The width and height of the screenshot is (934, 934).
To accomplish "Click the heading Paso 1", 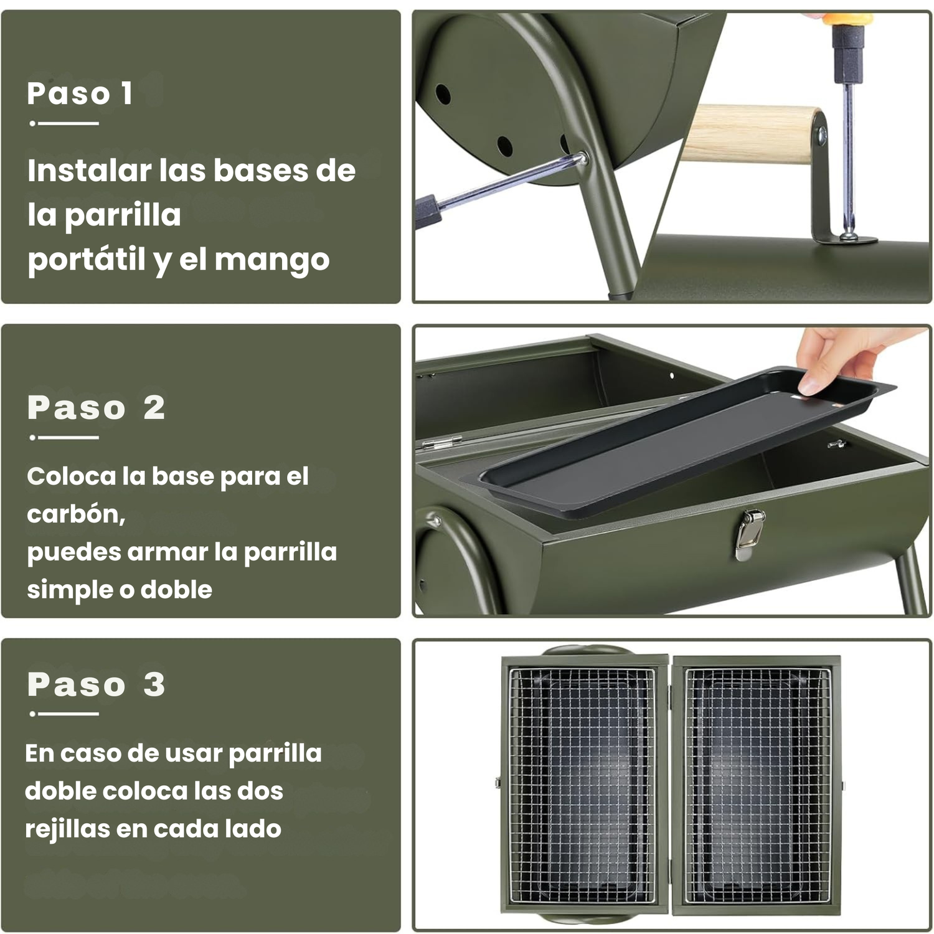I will [80, 94].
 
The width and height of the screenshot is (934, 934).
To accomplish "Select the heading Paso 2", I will [96, 408].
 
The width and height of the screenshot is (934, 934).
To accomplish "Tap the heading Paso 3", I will [96, 684].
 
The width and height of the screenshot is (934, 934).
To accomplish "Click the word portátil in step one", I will [86, 260].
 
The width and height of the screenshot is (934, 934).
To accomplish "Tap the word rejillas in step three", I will [67, 829].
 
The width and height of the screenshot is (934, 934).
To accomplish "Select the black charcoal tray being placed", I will [679, 442].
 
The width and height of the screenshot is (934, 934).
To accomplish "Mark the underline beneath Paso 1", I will [64, 123].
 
